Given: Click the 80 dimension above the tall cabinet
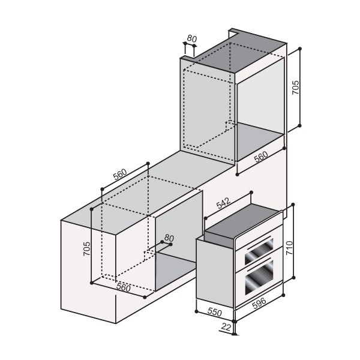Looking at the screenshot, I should (191, 38).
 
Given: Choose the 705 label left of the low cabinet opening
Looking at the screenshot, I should (86, 250).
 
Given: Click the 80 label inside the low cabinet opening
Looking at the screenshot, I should (169, 239).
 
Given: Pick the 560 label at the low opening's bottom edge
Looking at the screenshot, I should (123, 287).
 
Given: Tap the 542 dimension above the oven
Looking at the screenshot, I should (223, 203).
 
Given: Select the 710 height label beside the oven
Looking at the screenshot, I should (290, 247).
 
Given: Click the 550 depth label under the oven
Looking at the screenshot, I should (214, 313).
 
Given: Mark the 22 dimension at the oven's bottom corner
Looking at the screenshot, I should (226, 327).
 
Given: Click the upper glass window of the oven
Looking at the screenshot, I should (257, 247).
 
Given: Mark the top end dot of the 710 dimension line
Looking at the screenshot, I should (295, 205).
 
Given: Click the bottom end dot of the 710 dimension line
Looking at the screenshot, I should (295, 278).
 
